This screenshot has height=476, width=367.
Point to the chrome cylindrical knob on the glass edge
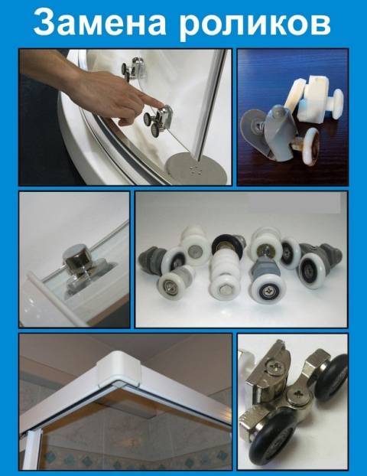[75, 259]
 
